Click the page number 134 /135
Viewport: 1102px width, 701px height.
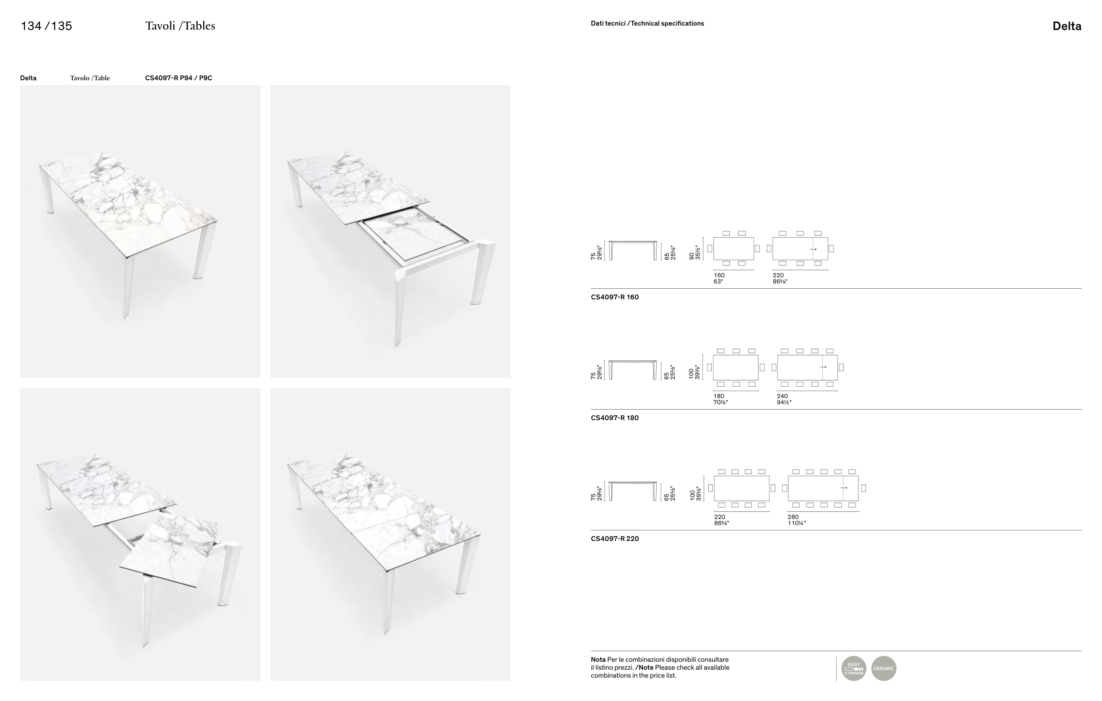click(x=46, y=26)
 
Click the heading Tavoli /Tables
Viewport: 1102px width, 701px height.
click(x=180, y=26)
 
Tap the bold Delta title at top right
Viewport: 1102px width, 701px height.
click(x=1067, y=26)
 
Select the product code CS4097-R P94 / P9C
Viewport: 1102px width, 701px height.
click(x=179, y=78)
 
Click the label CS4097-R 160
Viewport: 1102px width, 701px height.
click(x=615, y=297)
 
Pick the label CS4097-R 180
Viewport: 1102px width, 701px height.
click(x=615, y=418)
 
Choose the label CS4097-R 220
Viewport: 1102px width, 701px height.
click(x=615, y=539)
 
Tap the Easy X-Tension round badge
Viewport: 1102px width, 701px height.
click(x=853, y=668)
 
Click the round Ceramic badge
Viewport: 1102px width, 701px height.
click(x=883, y=668)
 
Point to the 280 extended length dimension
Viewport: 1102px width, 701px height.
click(x=792, y=517)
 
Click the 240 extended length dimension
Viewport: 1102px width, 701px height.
click(x=782, y=396)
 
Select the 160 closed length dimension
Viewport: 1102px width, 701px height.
click(x=719, y=276)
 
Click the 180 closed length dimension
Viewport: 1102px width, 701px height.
click(x=718, y=396)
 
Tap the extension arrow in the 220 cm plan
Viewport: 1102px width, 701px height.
click(x=813, y=250)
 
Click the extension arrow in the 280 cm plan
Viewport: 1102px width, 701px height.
click(x=844, y=488)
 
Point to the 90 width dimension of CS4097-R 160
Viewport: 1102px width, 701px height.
click(x=692, y=256)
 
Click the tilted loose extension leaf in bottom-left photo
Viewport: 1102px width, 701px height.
click(x=168, y=550)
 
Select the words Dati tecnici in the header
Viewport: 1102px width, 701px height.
click(x=608, y=23)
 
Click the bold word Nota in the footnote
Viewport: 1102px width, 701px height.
click(x=598, y=660)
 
